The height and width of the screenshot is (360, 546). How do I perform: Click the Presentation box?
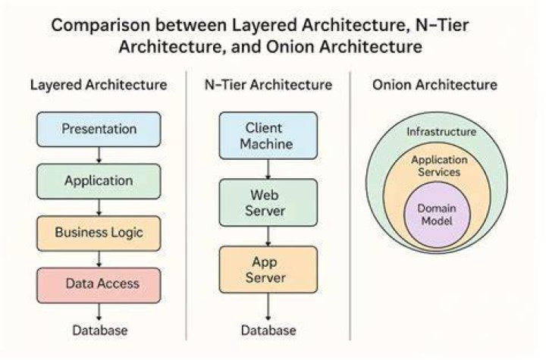(99, 129)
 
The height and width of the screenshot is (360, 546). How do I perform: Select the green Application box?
(99, 181)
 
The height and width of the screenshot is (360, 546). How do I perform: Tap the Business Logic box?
(99, 233)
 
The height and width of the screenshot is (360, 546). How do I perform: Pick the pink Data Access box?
(99, 285)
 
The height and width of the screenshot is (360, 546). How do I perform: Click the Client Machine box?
(268, 136)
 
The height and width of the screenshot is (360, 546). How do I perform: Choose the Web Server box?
(268, 202)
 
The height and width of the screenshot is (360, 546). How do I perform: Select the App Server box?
(268, 270)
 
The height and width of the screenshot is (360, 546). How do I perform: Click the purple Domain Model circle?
(437, 214)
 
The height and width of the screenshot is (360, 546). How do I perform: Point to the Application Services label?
(439, 166)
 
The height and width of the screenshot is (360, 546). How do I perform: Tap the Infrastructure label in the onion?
(441, 132)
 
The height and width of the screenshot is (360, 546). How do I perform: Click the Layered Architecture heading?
(99, 86)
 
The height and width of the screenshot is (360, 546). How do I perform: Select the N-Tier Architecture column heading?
(268, 85)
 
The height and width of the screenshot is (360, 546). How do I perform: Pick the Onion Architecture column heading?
(435, 85)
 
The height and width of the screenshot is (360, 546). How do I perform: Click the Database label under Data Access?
(100, 330)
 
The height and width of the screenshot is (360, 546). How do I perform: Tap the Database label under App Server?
(268, 330)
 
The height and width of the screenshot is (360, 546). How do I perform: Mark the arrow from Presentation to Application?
(99, 155)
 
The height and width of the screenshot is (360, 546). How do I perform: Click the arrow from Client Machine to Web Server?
(268, 169)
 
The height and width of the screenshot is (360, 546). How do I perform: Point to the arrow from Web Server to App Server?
(268, 236)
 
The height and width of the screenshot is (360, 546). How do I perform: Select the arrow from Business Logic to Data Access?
(99, 258)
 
